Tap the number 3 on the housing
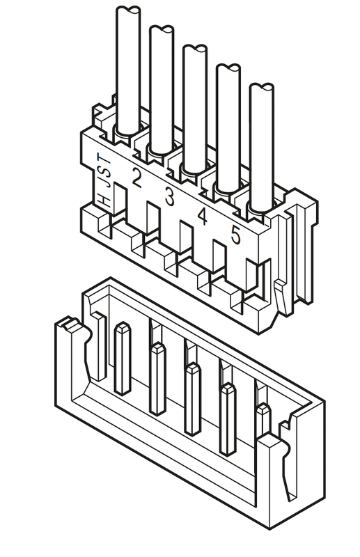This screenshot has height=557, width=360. [x=169, y=196]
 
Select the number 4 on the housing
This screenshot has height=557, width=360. [x=202, y=216]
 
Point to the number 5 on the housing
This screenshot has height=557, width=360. [x=235, y=235]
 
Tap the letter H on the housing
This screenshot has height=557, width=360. [x=105, y=201]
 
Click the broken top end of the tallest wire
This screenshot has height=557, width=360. [x=128, y=10]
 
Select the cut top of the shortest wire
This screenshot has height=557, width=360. [x=262, y=88]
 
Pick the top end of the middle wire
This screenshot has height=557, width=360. [x=195, y=49]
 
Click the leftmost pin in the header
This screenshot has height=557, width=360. [x=123, y=358]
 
